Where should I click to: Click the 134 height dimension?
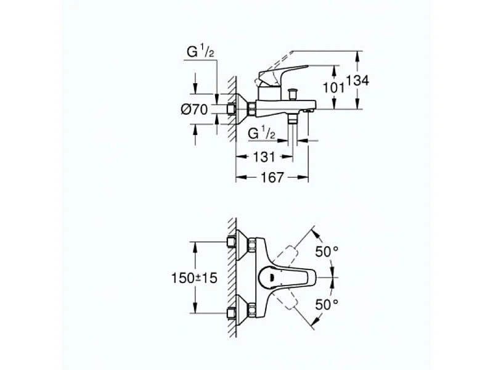click(357, 81)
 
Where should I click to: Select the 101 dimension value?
click(334, 88)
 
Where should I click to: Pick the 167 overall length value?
click(272, 178)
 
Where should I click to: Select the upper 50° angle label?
click(327, 252)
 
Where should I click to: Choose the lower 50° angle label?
click(327, 304)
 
